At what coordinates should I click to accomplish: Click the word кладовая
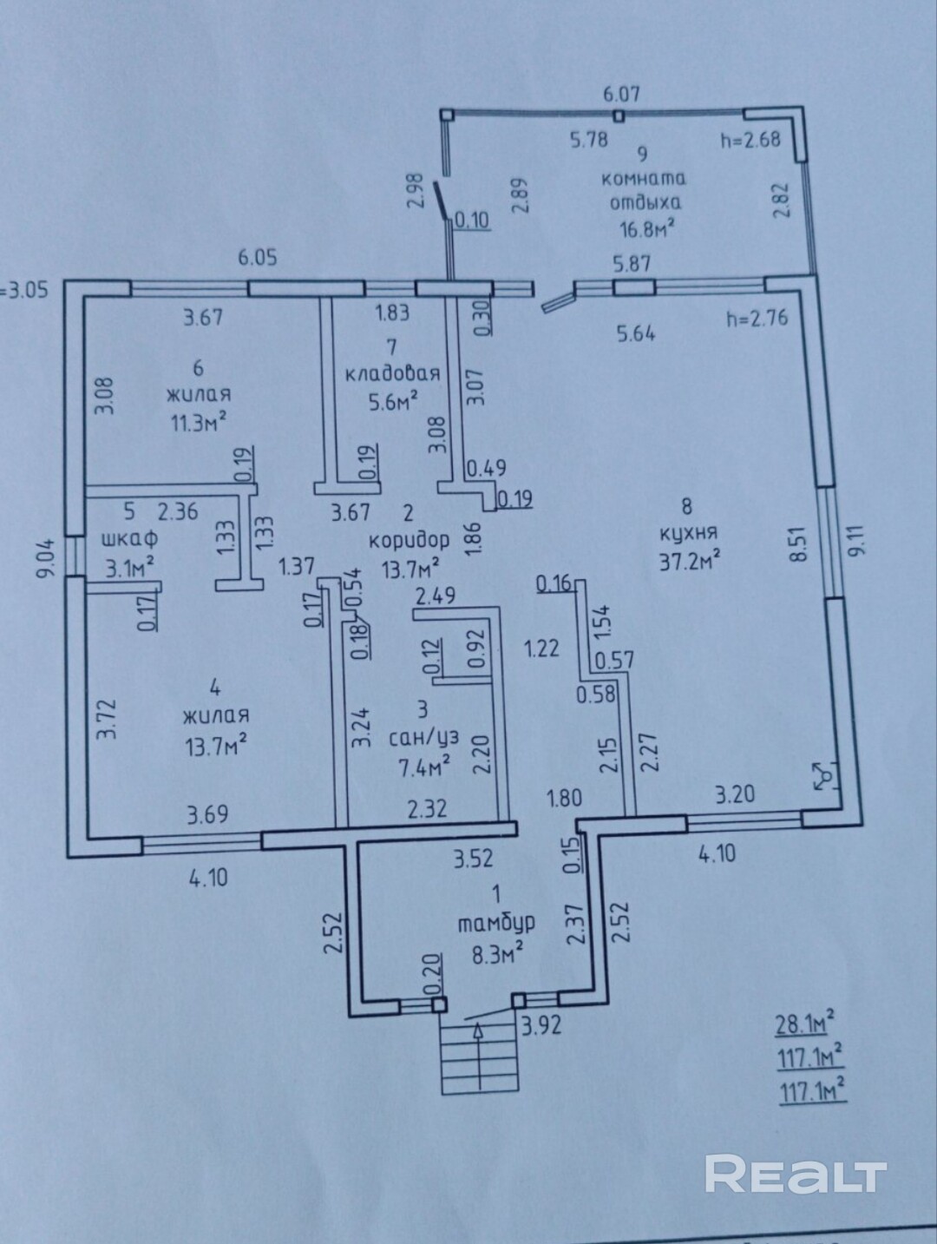[393, 375]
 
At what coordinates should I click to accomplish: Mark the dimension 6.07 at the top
[621, 94]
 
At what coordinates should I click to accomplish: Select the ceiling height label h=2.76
[757, 319]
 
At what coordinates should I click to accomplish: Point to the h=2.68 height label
[750, 140]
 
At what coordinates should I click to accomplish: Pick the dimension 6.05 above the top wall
[258, 258]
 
